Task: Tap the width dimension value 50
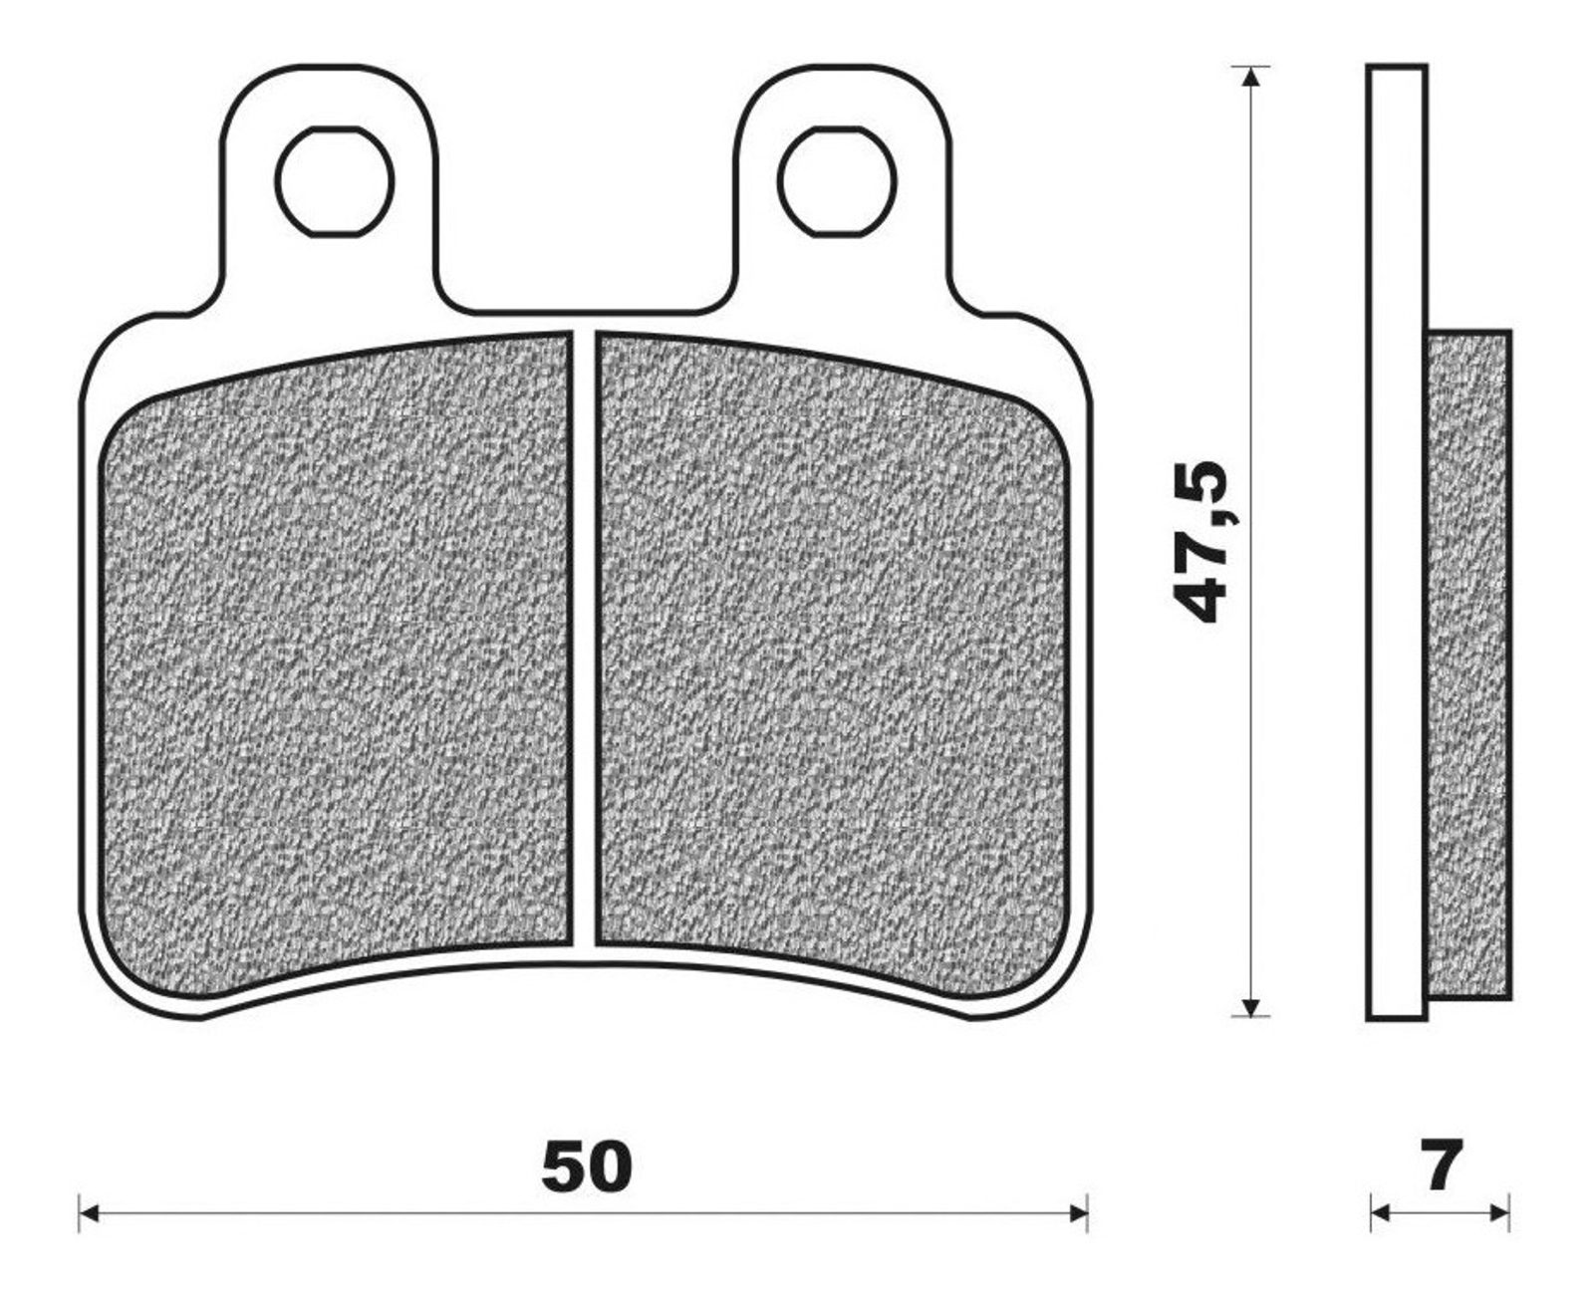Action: click(586, 1166)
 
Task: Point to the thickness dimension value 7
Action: click(1441, 1165)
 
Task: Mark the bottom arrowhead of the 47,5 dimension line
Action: click(1251, 1005)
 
